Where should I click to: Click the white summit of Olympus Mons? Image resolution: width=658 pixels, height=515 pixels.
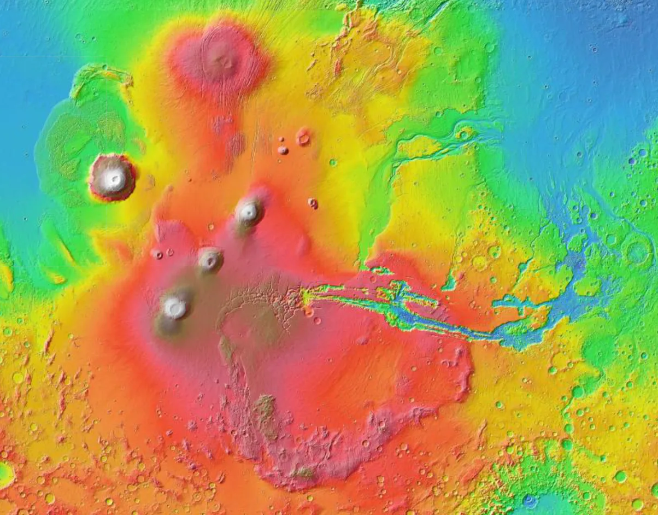(114, 177)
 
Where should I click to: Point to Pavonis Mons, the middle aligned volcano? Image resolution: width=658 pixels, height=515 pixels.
(210, 259)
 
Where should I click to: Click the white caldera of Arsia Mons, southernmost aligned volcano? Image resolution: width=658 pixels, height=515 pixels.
(175, 308)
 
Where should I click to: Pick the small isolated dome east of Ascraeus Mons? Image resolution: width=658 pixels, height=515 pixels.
(313, 203)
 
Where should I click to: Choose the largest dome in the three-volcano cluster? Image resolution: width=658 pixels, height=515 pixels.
(303, 137)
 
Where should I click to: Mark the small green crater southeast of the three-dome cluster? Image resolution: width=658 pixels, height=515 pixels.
(332, 162)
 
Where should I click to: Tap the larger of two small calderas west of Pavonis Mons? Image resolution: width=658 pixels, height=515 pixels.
(158, 254)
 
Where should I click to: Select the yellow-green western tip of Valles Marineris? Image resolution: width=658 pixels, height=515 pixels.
(307, 297)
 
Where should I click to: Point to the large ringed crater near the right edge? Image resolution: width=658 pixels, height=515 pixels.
(638, 252)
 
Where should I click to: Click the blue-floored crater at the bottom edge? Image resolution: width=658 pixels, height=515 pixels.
(530, 500)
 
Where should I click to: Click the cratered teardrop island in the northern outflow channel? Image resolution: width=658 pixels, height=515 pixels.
(465, 133)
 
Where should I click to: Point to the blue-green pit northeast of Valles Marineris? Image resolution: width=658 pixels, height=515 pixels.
(449, 283)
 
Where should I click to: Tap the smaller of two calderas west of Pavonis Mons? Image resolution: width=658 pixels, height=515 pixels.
(170, 252)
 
